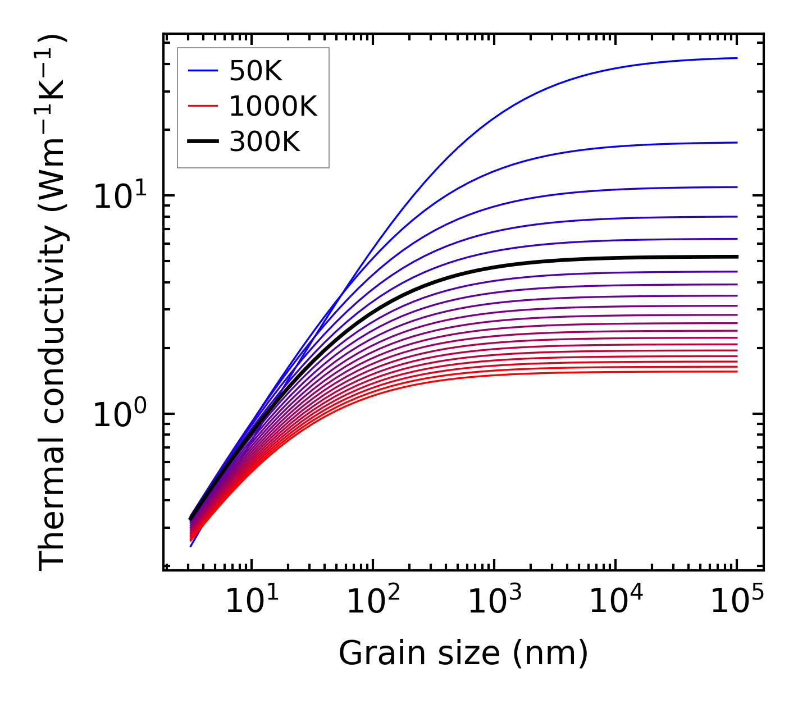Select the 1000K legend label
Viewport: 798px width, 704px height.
point(273,106)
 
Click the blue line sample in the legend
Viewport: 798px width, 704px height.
point(202,71)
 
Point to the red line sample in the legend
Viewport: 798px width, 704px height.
point(202,106)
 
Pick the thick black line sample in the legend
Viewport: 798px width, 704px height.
point(202,142)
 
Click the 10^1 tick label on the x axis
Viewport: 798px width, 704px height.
point(251,602)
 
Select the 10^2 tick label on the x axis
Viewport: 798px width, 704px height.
point(372,602)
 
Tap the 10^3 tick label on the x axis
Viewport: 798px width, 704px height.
point(494,602)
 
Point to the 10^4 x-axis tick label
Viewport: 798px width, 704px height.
point(615,602)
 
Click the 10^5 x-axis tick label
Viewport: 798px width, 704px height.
point(736,602)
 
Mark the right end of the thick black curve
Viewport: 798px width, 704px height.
point(736,257)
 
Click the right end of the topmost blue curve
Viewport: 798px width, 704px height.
point(736,58)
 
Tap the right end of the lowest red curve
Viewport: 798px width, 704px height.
point(736,372)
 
